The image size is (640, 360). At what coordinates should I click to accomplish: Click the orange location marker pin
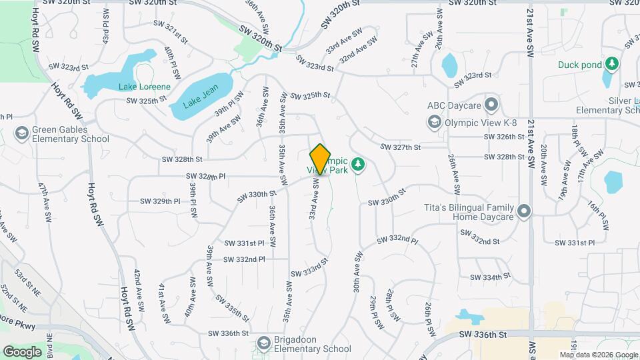[321, 159]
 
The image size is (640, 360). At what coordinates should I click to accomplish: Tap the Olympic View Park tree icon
[359, 164]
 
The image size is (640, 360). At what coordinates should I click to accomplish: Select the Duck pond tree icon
[612, 65]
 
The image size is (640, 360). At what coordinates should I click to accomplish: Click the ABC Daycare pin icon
[492, 105]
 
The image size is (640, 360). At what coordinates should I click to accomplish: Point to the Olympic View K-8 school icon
[435, 121]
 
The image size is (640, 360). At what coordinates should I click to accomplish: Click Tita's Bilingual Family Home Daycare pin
[524, 211]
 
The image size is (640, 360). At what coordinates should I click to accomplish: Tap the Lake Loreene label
[145, 87]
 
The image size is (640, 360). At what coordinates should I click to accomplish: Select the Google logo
[22, 351]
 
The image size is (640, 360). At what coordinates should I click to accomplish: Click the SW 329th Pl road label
[160, 201]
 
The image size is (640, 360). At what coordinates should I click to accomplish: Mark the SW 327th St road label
[400, 147]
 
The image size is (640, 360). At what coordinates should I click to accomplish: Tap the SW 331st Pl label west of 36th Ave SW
[245, 243]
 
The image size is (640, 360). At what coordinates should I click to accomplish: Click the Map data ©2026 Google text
[599, 355]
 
